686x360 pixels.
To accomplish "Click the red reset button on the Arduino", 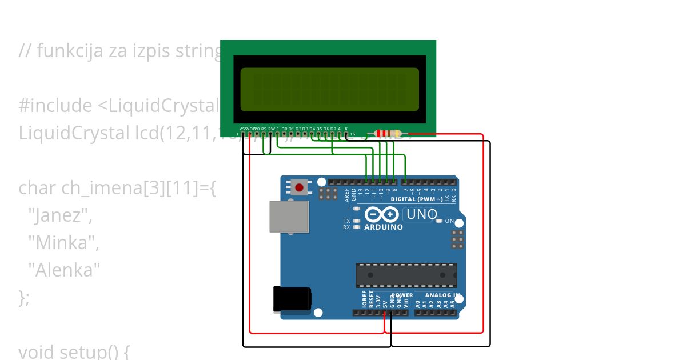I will (298, 187).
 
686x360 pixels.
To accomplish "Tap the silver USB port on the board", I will (289, 217).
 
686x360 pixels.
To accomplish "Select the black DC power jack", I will (292, 299).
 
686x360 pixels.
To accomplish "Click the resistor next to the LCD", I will (390, 134).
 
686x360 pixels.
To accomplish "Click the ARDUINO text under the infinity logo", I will (383, 227).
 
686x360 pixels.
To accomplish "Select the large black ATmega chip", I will (406, 275).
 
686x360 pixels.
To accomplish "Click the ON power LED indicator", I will (439, 221).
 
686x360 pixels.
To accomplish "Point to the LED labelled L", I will (357, 209).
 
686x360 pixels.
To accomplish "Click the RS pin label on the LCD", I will (264, 129).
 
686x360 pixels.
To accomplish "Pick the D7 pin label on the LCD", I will (333, 129).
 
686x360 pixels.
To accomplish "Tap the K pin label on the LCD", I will (346, 129).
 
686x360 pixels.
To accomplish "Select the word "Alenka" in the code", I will (64, 270).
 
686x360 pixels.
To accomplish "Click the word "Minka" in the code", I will (63, 243).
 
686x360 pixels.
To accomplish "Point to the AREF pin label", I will (346, 195).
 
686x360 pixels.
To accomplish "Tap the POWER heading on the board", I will (402, 295).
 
